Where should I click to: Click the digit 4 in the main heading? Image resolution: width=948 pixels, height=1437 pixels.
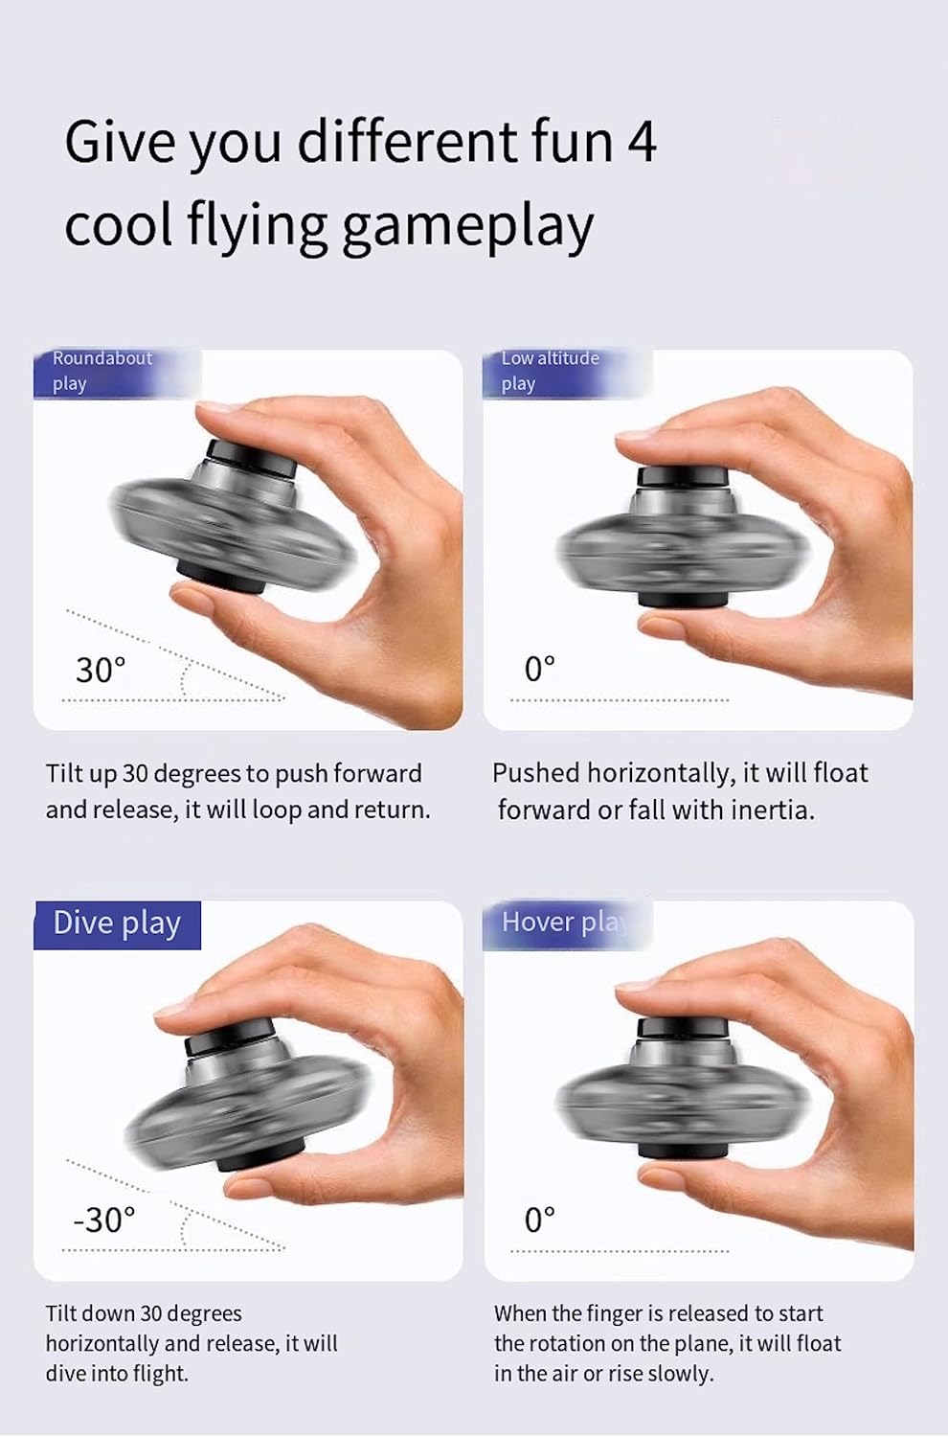coord(642,142)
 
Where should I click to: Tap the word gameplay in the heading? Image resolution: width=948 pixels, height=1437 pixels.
coord(468,226)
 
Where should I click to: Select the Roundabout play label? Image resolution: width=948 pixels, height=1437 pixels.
coord(102,371)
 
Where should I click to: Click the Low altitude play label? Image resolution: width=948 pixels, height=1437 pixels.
coord(551,371)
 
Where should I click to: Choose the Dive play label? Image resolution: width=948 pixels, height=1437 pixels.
coord(117,924)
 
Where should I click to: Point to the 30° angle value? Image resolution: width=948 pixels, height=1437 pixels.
coord(101,670)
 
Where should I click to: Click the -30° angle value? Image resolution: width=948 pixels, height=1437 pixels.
coord(103,1220)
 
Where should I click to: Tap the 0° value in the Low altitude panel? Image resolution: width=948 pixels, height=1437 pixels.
coord(539,669)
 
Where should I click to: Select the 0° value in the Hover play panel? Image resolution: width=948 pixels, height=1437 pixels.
coord(539,1220)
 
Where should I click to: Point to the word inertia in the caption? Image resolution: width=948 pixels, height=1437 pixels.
coord(772,810)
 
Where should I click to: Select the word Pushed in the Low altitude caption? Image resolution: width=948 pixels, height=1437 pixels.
coord(535,773)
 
